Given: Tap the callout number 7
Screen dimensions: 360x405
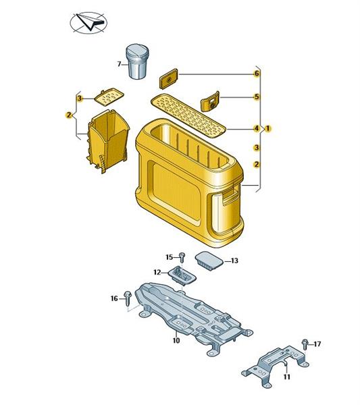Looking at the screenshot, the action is tap(119, 64).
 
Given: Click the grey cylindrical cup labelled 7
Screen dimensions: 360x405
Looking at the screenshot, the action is tap(137, 61).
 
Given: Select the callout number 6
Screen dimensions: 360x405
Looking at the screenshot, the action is tap(257, 74).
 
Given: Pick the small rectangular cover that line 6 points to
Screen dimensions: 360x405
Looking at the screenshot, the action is tap(168, 78).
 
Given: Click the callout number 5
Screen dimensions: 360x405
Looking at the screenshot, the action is tap(257, 97).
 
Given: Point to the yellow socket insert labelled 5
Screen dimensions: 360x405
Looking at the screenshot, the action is tap(210, 101).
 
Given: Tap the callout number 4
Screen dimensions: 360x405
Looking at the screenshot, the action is tap(257, 128).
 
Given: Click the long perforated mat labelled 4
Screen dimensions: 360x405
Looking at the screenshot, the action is tap(188, 115).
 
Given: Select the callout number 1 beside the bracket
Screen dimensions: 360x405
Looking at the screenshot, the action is tap(267, 128).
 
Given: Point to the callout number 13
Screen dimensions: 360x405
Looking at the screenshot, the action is tap(234, 261).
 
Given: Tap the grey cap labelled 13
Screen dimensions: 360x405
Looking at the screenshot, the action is tap(209, 261).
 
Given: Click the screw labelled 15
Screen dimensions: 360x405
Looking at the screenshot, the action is tap(182, 257).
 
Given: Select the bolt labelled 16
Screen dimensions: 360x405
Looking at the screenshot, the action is tap(128, 298).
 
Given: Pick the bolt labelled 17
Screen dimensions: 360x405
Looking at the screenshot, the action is tap(305, 344).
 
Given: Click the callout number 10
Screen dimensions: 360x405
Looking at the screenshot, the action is tap(176, 341).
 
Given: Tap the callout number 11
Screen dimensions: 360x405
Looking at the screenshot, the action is tap(287, 377).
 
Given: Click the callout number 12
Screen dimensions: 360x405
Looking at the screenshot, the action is tap(157, 272).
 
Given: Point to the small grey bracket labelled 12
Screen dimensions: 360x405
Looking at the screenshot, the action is tap(182, 275).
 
